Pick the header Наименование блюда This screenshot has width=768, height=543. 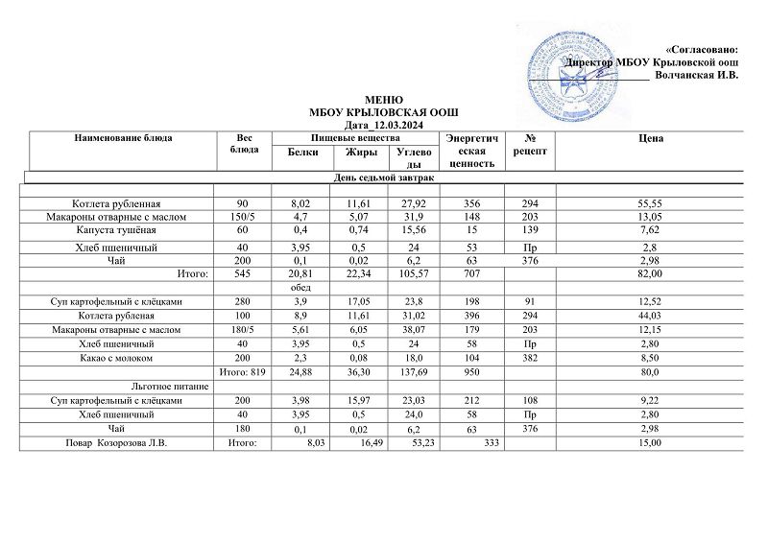tap(123, 139)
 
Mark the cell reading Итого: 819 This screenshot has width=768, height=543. tap(242, 371)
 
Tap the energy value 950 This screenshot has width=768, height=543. tap(468, 371)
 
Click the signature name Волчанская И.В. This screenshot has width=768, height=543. tap(696, 76)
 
